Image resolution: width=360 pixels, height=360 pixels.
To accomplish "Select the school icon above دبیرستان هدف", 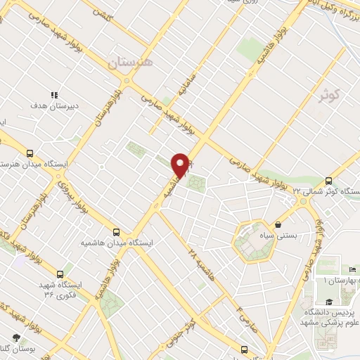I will (x=53, y=94).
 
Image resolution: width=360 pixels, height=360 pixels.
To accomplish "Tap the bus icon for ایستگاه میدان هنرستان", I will (x=30, y=153).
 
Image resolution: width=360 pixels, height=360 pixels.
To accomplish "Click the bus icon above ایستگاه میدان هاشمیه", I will (x=117, y=231).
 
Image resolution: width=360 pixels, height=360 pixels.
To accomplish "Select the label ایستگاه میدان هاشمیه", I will (x=116, y=243).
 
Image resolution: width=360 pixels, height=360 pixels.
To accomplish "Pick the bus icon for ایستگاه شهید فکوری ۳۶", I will (x=59, y=274).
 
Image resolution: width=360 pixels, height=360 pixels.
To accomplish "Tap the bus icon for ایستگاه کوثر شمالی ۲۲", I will (x=328, y=181).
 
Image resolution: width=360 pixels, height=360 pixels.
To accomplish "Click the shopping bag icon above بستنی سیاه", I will (x=280, y=225).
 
